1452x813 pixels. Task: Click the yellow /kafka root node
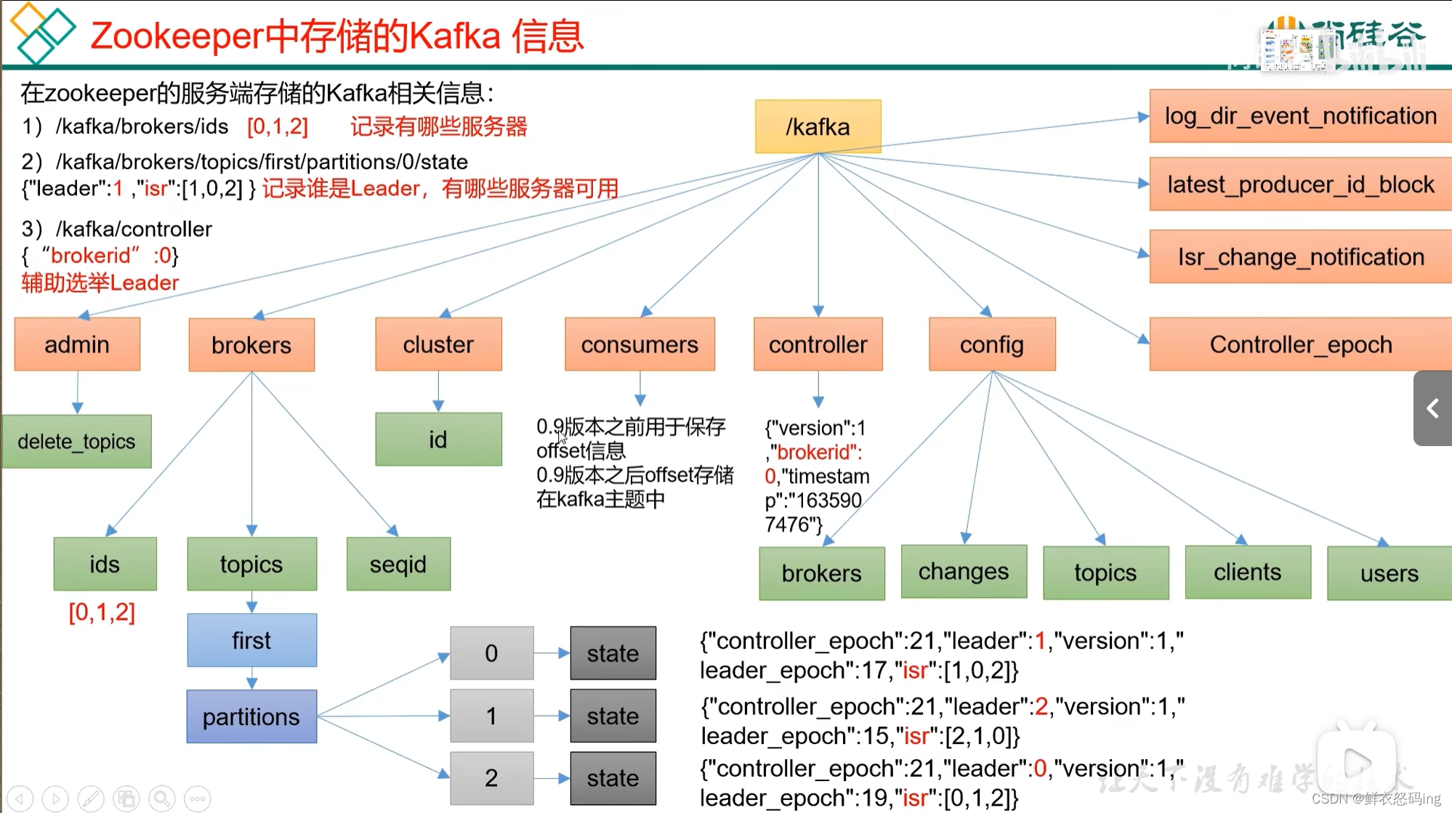pyautogui.click(x=818, y=126)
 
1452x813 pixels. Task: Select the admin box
pyautogui.click(x=77, y=344)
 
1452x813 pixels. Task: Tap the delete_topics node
pyautogui.click(x=76, y=441)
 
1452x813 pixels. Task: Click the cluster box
pyautogui.click(x=438, y=344)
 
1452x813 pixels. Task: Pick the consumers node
pyautogui.click(x=640, y=344)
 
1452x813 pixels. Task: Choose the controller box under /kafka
pyautogui.click(x=818, y=344)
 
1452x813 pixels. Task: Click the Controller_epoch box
pyautogui.click(x=1300, y=344)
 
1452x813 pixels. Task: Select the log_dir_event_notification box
pyautogui.click(x=1300, y=116)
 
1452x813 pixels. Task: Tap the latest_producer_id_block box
pyautogui.click(x=1300, y=185)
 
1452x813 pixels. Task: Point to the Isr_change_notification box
pyautogui.click(x=1300, y=256)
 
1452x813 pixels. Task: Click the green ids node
pyautogui.click(x=105, y=564)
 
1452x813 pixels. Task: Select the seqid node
pyautogui.click(x=398, y=564)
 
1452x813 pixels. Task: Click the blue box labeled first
pyautogui.click(x=251, y=640)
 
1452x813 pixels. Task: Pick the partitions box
pyautogui.click(x=251, y=716)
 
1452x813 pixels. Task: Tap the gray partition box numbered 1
pyautogui.click(x=491, y=716)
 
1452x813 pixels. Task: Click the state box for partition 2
pyautogui.click(x=613, y=778)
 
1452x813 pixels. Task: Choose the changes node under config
pyautogui.click(x=964, y=572)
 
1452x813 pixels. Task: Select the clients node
pyautogui.click(x=1248, y=573)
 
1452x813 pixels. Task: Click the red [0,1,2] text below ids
pyautogui.click(x=102, y=612)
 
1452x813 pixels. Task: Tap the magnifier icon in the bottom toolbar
pyautogui.click(x=162, y=798)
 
